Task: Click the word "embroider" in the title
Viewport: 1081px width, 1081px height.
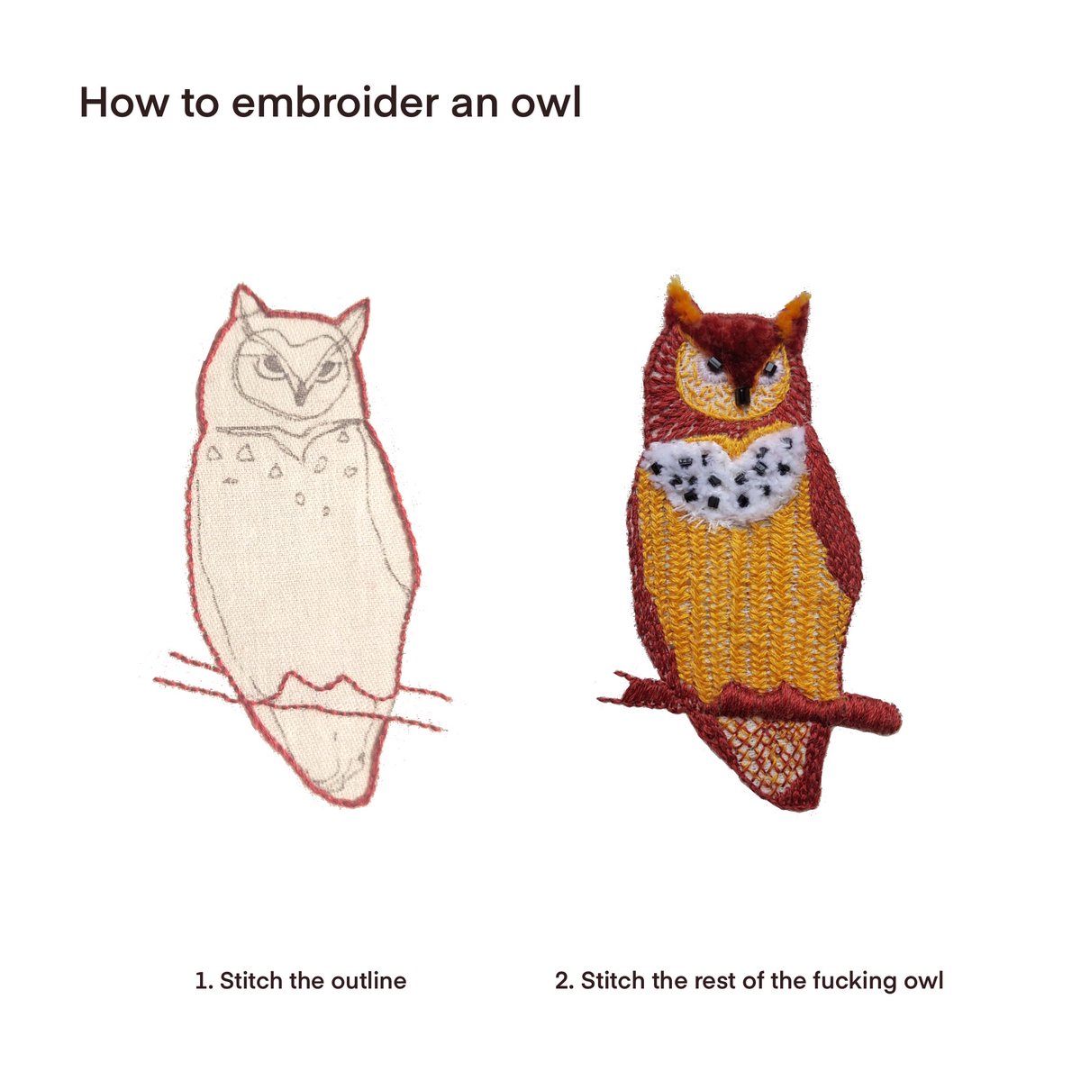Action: [335, 103]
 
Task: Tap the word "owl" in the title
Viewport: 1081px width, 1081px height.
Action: [545, 103]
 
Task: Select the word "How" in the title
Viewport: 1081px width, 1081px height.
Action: [124, 103]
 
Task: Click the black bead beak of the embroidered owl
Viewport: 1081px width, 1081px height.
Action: [742, 395]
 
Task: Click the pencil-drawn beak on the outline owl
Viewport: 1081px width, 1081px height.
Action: [301, 391]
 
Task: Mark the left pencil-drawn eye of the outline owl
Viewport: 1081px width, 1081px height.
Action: [271, 365]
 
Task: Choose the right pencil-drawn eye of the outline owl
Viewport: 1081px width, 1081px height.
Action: [328, 368]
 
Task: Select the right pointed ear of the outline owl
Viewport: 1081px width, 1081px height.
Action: [354, 319]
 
